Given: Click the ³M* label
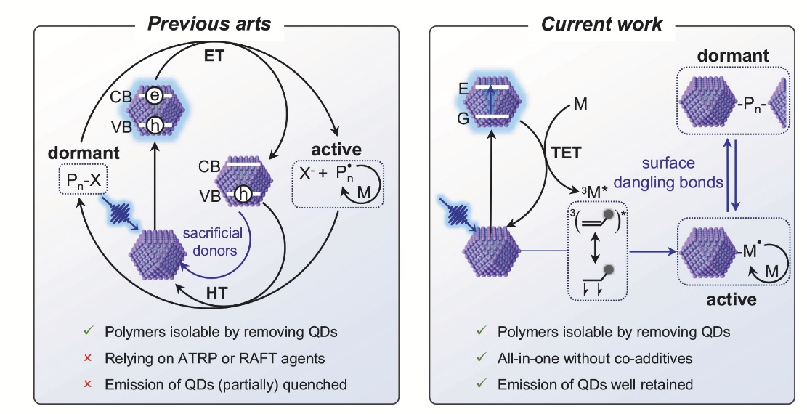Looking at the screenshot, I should pos(596,193).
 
